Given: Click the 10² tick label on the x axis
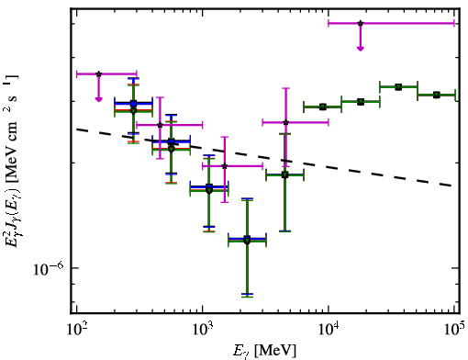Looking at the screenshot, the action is coord(77,329).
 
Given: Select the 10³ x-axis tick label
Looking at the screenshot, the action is coord(203,329).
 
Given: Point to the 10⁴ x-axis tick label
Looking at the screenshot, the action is coord(329,329).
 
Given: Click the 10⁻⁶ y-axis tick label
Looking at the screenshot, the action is coord(49,268).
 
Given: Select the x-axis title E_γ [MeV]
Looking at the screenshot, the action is coord(264,351).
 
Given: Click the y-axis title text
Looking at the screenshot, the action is coord(11,160).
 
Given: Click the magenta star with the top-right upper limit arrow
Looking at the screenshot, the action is coord(361,23).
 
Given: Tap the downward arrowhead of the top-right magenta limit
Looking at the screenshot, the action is coord(361,49).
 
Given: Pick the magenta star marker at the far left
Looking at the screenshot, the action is coord(98,73).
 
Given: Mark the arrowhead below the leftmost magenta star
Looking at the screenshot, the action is coord(98,99).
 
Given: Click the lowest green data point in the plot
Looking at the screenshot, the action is coord(247,241).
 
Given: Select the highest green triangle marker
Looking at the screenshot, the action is coord(398,87).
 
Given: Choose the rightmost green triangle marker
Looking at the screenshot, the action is coord(437,95).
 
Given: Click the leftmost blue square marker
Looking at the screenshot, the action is coord(133,104).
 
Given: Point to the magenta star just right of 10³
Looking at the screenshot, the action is coord(225,166).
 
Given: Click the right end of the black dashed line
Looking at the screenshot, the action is coord(452,186).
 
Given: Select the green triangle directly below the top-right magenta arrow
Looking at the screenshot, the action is coord(361,102).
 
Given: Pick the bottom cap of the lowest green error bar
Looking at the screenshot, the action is coord(247,297).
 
